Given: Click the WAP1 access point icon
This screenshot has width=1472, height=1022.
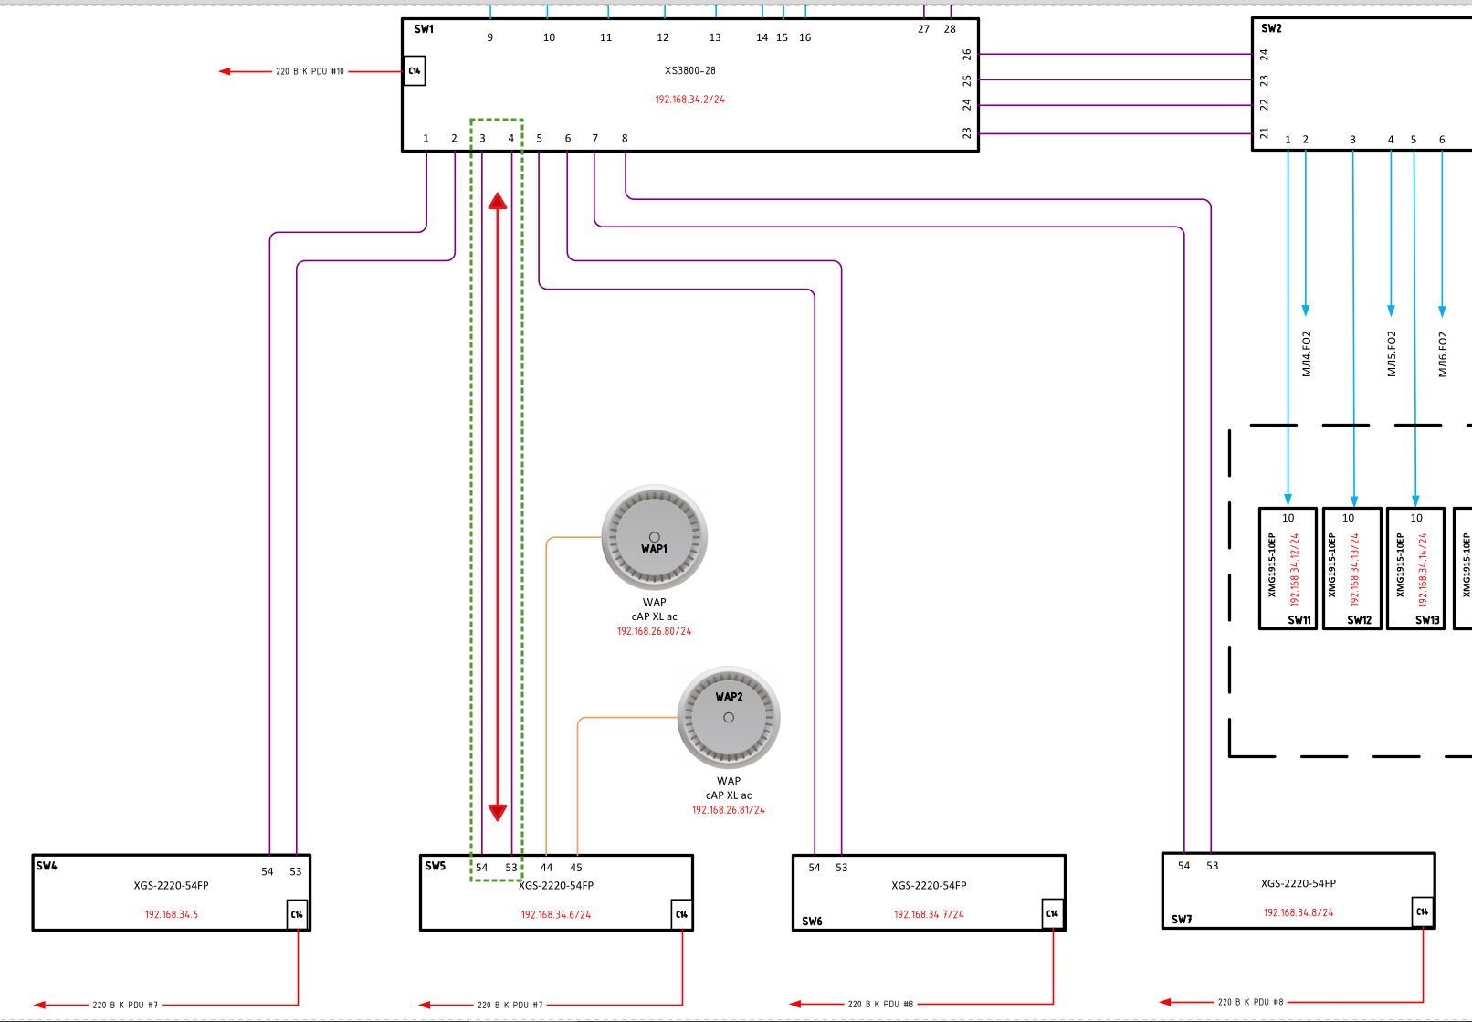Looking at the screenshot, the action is pyautogui.click(x=654, y=537).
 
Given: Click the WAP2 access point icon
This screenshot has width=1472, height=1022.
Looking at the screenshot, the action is pyautogui.click(x=729, y=717).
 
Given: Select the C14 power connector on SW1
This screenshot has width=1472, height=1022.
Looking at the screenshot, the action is pyautogui.click(x=414, y=71).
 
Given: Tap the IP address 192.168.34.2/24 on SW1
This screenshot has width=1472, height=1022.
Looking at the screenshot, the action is pyautogui.click(x=689, y=100).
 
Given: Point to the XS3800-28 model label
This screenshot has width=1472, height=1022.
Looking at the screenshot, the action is pyautogui.click(x=689, y=70).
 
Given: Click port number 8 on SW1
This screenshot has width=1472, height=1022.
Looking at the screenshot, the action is pyautogui.click(x=625, y=138).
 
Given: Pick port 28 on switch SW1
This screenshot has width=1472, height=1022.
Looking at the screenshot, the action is pyautogui.click(x=950, y=29).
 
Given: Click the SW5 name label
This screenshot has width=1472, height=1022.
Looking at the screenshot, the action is pyautogui.click(x=435, y=866).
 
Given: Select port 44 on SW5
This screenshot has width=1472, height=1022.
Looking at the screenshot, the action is pyautogui.click(x=546, y=868).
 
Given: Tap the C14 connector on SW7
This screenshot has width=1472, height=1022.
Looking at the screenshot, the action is pyautogui.click(x=1422, y=911).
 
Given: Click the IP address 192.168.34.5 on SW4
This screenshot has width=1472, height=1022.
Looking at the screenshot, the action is pyautogui.click(x=172, y=914).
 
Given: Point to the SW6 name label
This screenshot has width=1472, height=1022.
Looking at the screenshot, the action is pyautogui.click(x=812, y=921).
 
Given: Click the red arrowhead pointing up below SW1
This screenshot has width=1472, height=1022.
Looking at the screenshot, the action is pyautogui.click(x=498, y=201).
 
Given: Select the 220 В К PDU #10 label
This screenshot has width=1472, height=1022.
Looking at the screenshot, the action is pyautogui.click(x=310, y=71).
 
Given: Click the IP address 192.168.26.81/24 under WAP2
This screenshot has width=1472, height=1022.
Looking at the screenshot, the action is pyautogui.click(x=728, y=810).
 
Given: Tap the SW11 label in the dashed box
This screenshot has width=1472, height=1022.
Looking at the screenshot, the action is pyautogui.click(x=1299, y=620).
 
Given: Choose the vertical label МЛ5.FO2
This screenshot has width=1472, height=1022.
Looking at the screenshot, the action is pyautogui.click(x=1391, y=353).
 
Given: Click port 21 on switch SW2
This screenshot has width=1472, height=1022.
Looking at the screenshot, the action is pyautogui.click(x=1264, y=132).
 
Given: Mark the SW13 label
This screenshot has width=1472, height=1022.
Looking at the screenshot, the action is pyautogui.click(x=1427, y=620).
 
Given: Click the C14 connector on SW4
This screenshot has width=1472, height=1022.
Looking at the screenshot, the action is pyautogui.click(x=297, y=914).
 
